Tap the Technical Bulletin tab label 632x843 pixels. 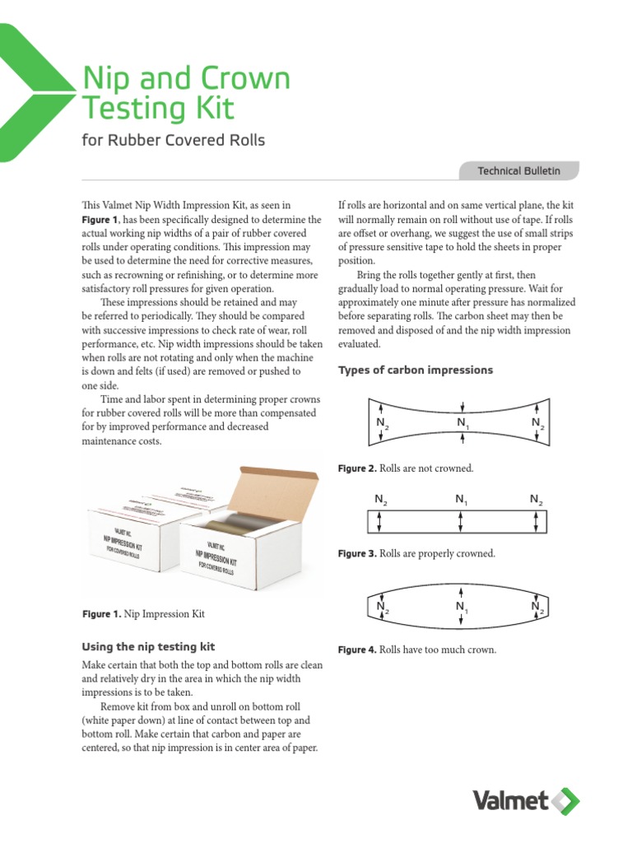pos(518,170)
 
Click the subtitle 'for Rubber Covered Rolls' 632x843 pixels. pos(174,140)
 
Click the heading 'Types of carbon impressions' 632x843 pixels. pos(416,370)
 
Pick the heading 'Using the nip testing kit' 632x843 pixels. pos(149,647)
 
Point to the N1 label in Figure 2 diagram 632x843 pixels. pos(462,423)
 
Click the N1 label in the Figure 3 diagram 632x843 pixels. pos(461,499)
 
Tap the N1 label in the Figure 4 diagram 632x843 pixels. pos(462,608)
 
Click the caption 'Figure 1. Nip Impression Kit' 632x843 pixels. pos(143,613)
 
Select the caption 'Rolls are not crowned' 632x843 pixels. pos(426,468)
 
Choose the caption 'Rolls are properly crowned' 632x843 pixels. pos(437,553)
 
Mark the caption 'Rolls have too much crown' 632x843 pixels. pos(438,650)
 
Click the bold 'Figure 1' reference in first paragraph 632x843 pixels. pos(100,220)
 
